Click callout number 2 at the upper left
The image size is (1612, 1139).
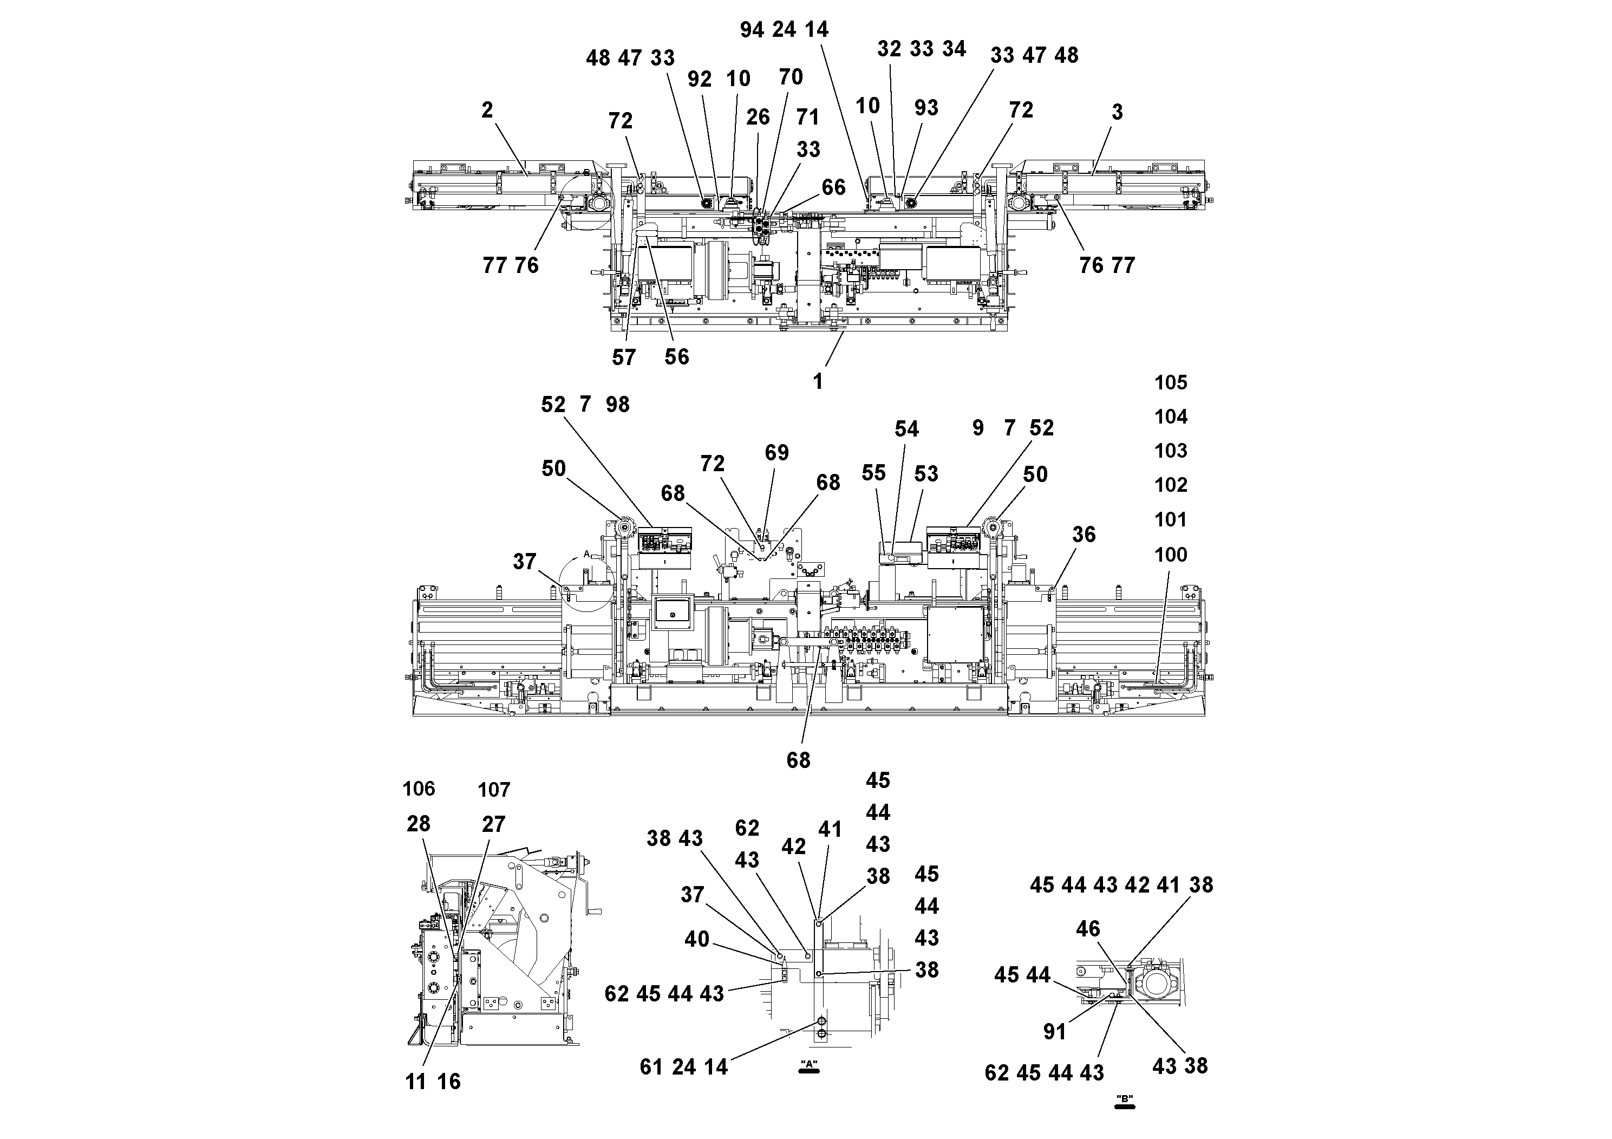coord(487,110)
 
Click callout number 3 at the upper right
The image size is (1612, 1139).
coord(1117,112)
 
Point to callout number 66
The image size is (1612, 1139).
coord(833,187)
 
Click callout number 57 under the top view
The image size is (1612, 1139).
coord(623,357)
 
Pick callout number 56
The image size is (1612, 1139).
coord(677,357)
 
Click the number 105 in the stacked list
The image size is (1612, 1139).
coord(1170,383)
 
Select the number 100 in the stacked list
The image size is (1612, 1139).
coord(1170,555)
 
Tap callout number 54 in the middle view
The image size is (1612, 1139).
coord(906,429)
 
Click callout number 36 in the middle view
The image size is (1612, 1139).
coord(1084,535)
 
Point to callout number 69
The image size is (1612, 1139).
coord(776,453)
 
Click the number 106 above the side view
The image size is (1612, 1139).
coord(419,789)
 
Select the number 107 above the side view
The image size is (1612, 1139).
coord(494,790)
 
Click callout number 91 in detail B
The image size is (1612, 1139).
coord(1054,1032)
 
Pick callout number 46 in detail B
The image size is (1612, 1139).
coord(1087,929)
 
